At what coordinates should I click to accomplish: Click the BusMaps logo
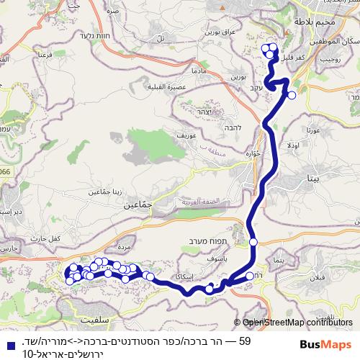coord(327,345)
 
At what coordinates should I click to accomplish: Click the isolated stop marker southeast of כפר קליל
coord(292,94)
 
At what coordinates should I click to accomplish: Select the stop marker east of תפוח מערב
coord(253,242)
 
